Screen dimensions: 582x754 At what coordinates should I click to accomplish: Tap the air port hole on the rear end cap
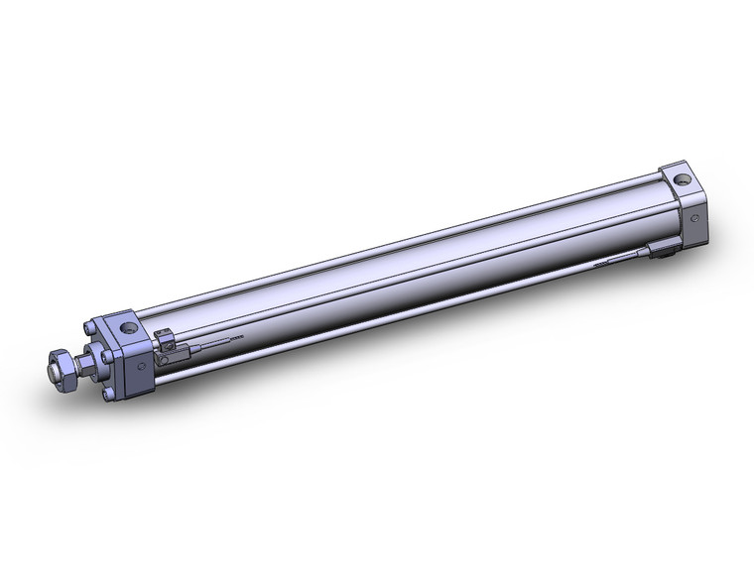(x=683, y=179)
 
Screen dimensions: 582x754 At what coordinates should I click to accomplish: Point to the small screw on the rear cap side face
(x=694, y=216)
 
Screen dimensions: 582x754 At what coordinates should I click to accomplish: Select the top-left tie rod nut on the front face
(x=92, y=329)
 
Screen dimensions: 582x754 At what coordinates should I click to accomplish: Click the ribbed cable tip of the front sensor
(x=234, y=340)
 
